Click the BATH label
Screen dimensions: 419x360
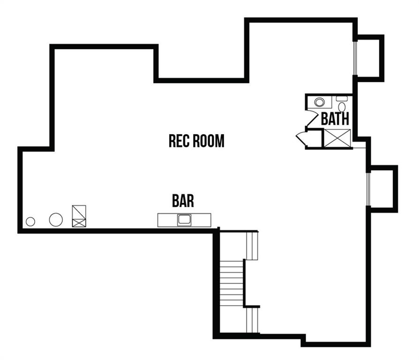[335, 119]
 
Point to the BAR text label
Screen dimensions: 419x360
[183, 201]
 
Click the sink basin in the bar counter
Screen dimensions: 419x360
[184, 220]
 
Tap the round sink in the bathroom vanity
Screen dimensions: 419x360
[319, 102]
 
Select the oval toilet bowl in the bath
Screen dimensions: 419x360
[342, 107]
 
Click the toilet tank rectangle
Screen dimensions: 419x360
[342, 98]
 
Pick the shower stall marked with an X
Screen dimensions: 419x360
[337, 138]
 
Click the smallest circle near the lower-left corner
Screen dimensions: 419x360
[30, 222]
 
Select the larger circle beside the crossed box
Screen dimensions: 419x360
[56, 220]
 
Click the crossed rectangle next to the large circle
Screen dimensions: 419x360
[79, 216]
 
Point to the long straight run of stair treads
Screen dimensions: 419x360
[232, 283]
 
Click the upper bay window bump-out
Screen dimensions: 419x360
[369, 58]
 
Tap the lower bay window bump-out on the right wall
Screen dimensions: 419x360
[382, 189]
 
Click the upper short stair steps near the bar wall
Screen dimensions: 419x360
[252, 245]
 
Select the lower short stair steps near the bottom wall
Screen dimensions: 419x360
[252, 320]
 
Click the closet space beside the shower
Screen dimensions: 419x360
[314, 138]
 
